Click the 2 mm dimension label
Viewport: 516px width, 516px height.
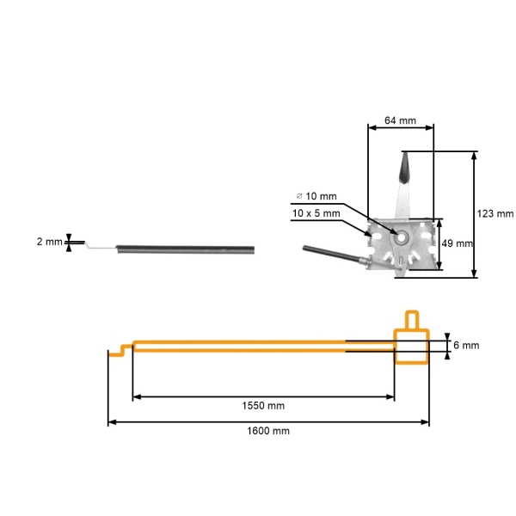49,243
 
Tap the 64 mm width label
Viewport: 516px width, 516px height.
400,121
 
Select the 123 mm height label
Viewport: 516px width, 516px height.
495,213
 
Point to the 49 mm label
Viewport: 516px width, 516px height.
457,243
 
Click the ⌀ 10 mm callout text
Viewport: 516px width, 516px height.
316,197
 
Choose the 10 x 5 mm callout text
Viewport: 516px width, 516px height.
316,212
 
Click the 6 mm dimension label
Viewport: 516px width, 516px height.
465,345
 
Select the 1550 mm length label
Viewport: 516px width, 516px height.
263,405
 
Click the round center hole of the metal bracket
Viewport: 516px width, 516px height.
401,233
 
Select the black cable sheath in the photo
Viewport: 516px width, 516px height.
186,248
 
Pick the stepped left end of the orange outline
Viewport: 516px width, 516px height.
120,349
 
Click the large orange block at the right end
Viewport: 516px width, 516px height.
411,346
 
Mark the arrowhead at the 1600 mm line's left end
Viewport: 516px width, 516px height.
111,421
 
